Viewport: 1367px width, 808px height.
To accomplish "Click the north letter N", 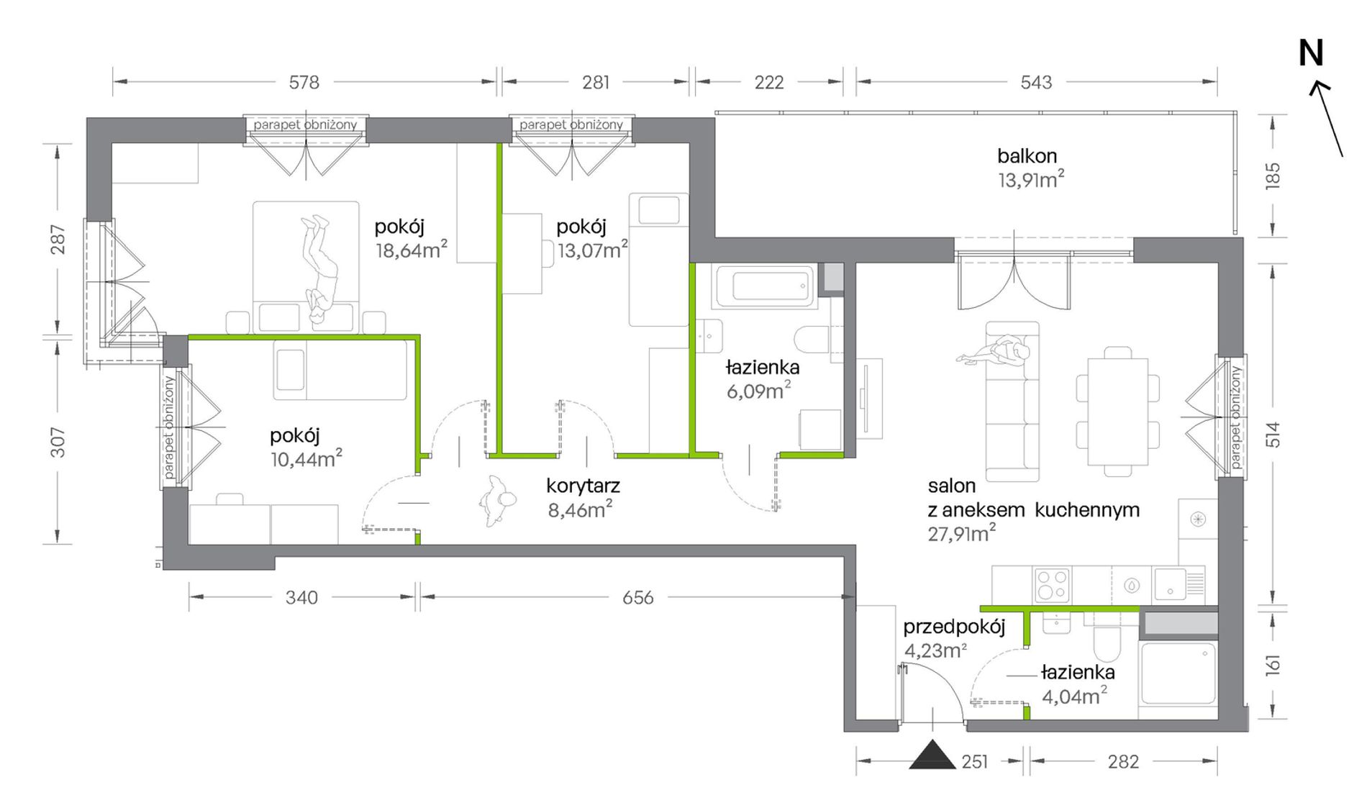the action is [1311, 53].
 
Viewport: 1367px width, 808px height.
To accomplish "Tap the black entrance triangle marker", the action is [932, 755].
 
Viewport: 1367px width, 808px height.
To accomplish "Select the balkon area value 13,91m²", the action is [1031, 179].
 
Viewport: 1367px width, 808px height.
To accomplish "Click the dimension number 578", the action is [304, 83].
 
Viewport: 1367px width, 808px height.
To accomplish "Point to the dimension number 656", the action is [637, 598].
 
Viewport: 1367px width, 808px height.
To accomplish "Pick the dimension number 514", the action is [1273, 435].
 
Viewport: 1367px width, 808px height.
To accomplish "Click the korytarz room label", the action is [583, 486].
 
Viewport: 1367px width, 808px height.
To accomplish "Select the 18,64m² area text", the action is [411, 250].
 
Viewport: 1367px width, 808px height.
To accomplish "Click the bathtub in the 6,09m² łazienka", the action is [764, 286].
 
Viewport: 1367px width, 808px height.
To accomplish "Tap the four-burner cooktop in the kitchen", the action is [1051, 584].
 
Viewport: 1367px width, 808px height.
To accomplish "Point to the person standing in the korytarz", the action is [496, 501].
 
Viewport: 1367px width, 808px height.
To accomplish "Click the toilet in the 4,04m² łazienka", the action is [1106, 642].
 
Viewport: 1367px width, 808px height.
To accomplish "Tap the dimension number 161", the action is [1273, 664].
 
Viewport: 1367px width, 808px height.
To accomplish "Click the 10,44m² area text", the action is [306, 458].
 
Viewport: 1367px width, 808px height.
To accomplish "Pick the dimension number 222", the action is [768, 83].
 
